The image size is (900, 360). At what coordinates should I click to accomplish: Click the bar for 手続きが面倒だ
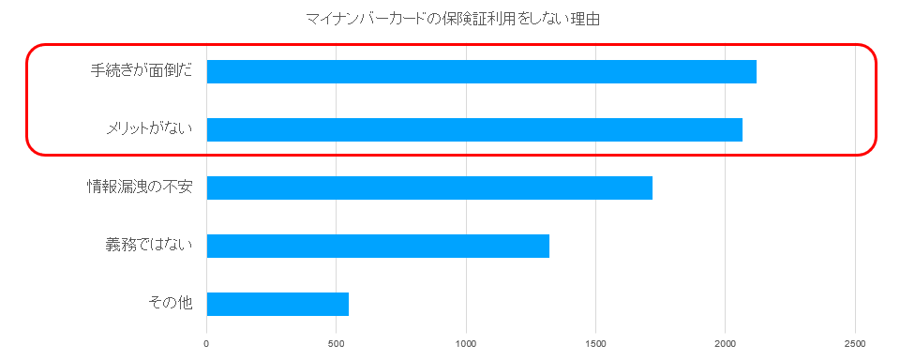point(481,71)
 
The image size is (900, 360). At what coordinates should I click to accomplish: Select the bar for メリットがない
point(474,129)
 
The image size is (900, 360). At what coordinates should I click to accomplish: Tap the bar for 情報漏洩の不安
point(429,187)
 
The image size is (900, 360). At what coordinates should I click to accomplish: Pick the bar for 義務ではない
point(378,246)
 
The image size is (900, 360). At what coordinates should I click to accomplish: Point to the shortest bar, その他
point(277,304)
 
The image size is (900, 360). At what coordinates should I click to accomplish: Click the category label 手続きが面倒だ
point(141,71)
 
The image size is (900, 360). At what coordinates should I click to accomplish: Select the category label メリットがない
point(148,129)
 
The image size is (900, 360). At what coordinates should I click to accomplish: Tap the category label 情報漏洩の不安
point(139,187)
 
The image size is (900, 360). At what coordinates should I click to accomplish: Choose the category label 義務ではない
point(148,246)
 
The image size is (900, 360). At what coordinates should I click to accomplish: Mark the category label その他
point(170,304)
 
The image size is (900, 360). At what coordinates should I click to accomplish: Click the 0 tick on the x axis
point(206,342)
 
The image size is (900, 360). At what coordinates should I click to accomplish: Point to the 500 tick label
point(337,342)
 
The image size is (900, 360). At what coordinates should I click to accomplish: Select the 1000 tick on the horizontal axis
point(466,342)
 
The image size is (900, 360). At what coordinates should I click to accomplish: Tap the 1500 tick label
point(595,342)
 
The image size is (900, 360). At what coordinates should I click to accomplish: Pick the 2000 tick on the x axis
point(726,342)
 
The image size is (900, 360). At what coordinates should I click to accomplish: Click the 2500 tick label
point(855,342)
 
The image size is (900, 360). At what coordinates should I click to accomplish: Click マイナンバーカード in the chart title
point(360,19)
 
